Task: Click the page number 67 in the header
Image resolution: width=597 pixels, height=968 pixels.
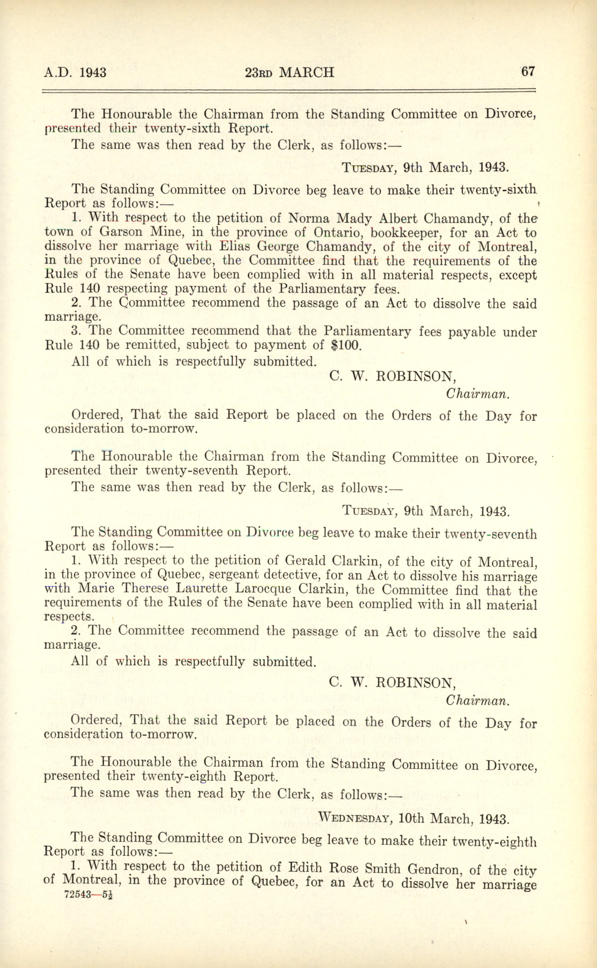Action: point(527,72)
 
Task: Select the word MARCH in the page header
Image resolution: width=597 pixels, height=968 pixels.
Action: point(306,73)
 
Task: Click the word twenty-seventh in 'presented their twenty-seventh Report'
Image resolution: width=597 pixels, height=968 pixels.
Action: point(191,471)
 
